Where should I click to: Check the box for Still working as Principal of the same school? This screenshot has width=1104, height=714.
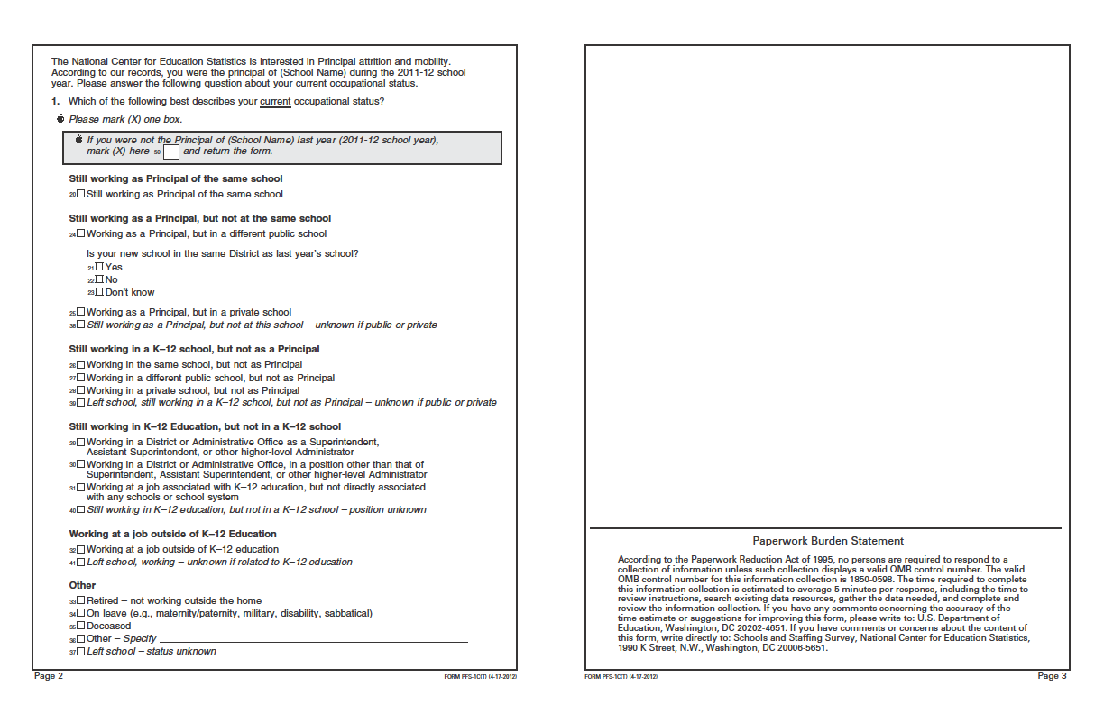[x=81, y=195]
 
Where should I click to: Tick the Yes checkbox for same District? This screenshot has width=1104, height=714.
[x=99, y=267]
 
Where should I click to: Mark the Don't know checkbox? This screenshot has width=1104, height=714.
[x=99, y=292]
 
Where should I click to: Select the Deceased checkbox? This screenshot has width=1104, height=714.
[x=81, y=626]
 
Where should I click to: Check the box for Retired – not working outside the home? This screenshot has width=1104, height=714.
[x=81, y=600]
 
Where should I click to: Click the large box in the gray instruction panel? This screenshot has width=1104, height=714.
[x=171, y=151]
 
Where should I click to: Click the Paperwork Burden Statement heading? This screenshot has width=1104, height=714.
[x=828, y=541]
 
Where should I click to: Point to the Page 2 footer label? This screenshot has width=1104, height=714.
[x=49, y=676]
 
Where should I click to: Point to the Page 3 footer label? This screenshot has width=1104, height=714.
[x=1052, y=676]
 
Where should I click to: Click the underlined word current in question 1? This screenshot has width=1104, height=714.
[x=275, y=101]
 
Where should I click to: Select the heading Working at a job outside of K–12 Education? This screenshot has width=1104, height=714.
[x=172, y=534]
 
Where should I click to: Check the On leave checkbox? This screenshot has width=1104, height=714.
[x=81, y=613]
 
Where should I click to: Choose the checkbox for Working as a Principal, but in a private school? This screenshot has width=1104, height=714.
[x=81, y=313]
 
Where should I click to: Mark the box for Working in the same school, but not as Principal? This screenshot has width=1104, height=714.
[x=81, y=365]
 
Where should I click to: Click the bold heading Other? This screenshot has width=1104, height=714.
[x=82, y=585]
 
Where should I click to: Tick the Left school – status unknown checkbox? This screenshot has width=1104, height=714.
[x=81, y=651]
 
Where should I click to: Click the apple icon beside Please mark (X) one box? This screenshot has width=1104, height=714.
[x=60, y=118]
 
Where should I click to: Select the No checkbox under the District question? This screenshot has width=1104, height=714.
[x=99, y=279]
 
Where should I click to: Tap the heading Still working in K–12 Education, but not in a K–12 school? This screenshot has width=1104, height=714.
[x=205, y=426]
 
